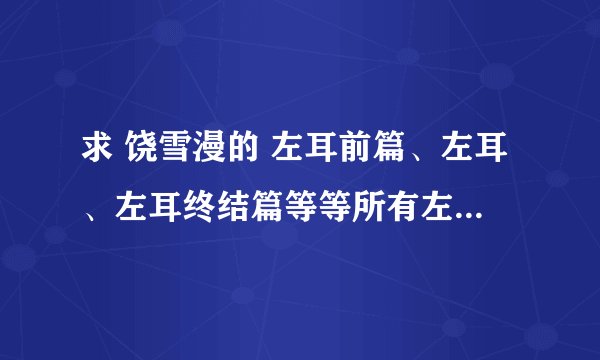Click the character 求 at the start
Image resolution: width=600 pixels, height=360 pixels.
(97, 154)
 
